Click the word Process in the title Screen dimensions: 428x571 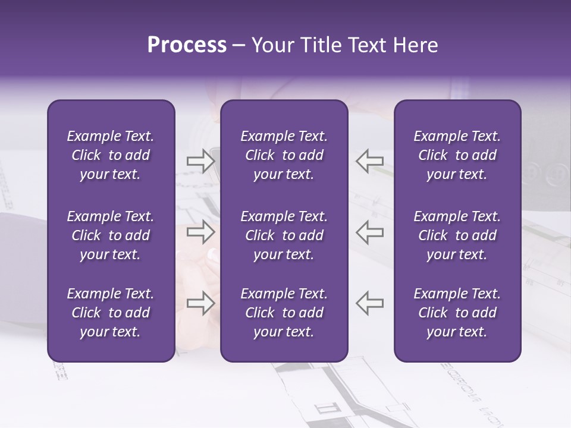(187, 45)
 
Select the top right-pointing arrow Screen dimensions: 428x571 (200, 161)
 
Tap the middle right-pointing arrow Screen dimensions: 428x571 (200, 232)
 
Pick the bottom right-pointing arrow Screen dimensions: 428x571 (200, 303)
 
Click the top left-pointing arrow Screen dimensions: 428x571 (369, 161)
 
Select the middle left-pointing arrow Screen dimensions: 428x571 (369, 232)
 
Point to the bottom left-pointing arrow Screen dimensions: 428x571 (369, 303)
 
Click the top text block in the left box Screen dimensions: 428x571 (111, 155)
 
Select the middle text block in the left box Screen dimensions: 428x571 (111, 235)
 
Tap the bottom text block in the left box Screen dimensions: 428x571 (111, 313)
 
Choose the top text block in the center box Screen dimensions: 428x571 (284, 155)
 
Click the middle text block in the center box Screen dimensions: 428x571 (284, 235)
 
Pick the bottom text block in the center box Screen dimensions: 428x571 (284, 313)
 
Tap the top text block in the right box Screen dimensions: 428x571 (457, 155)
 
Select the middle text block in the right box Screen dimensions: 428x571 (457, 235)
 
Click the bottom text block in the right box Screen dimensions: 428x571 (457, 313)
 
